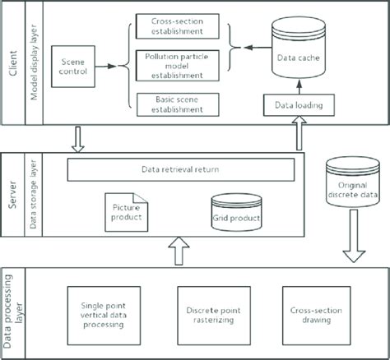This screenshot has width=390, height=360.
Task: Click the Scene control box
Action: pos(72,65)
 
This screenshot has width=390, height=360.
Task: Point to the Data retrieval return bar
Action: pos(180,170)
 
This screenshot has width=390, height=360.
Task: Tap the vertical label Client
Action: pos(12,62)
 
